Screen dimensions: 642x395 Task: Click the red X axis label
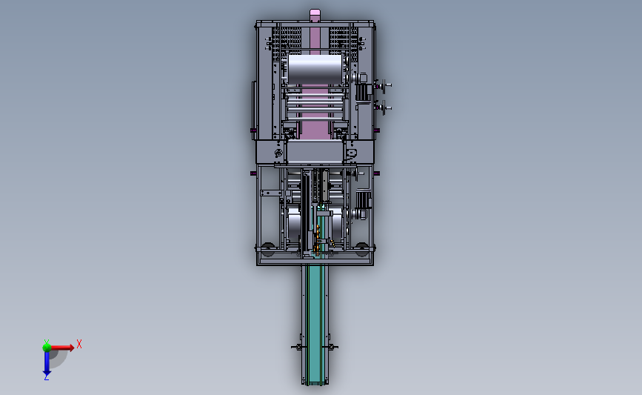79,344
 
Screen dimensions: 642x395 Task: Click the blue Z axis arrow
47,363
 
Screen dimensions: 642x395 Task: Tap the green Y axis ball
47,348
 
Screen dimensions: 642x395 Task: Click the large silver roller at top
315,69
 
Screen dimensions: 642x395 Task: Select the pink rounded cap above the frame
315,14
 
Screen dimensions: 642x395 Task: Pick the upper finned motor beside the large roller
363,91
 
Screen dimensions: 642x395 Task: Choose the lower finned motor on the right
363,200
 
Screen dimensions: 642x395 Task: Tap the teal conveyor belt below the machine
315,324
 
